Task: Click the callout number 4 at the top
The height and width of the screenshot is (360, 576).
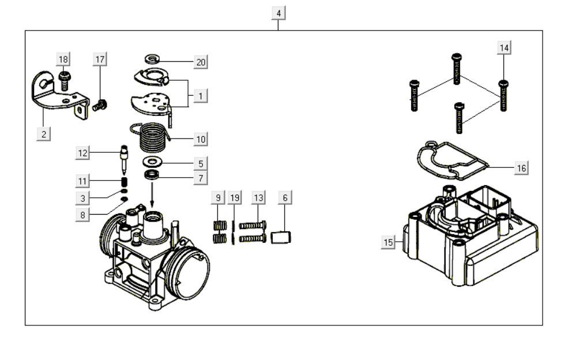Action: pos(279,13)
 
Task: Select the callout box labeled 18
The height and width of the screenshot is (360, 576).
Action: pos(63,59)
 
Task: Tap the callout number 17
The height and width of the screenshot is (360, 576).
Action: pos(100,59)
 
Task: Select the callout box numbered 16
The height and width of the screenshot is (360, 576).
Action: pos(521,168)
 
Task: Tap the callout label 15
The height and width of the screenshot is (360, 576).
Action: pos(389,242)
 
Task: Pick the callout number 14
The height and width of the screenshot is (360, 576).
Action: pos(505,48)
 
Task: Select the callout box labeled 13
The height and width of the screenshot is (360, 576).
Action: pos(258,198)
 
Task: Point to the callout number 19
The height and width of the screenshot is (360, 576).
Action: pos(234,198)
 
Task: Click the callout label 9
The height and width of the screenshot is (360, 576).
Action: pos(218,198)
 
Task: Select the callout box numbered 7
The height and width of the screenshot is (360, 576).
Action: pos(200,178)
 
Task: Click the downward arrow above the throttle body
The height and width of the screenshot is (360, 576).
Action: pos(153,196)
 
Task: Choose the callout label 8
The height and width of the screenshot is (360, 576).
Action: pos(83,215)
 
